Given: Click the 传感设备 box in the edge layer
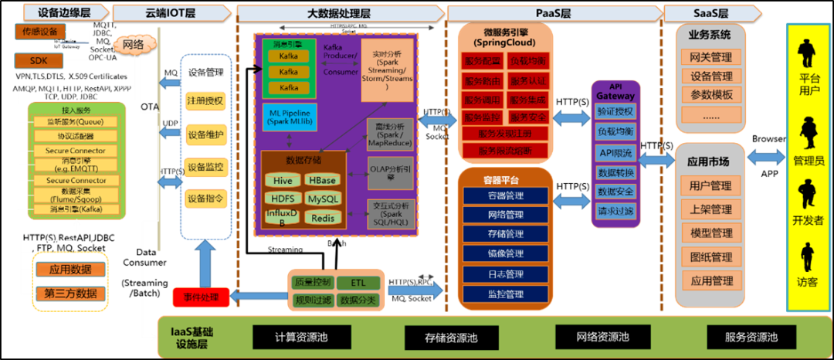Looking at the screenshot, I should point(39,32).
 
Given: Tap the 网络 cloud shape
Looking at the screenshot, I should point(133,45).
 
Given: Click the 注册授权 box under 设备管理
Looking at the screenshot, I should point(205,100).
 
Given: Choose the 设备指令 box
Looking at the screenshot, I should point(205,199).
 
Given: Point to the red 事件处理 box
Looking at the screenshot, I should point(201,296).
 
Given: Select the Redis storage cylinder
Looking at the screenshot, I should point(323,218).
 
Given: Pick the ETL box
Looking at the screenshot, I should point(358,283).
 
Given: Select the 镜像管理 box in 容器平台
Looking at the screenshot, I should point(505,253).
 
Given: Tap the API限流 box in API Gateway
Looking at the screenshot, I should point(615,152).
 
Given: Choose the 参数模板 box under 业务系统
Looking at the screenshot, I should point(711,95).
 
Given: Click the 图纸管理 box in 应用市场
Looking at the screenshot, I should point(710,256).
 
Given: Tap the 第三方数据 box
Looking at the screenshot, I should point(71,293).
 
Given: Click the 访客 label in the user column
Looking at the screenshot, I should point(809,283).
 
